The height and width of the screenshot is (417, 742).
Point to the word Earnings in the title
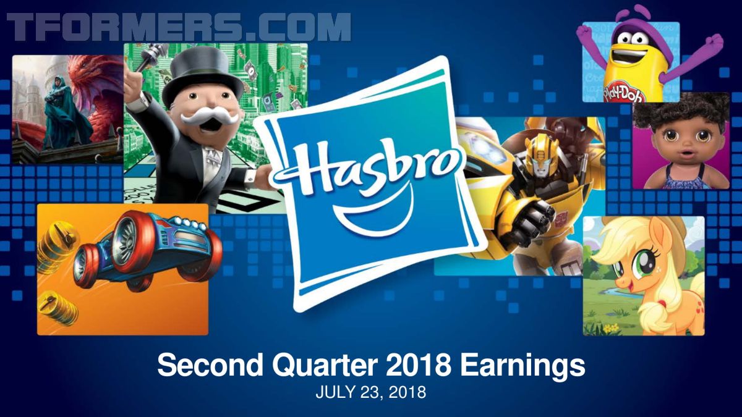(x=522, y=366)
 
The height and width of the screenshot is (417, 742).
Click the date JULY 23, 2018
(x=370, y=392)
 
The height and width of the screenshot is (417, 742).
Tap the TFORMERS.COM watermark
(x=179, y=27)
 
